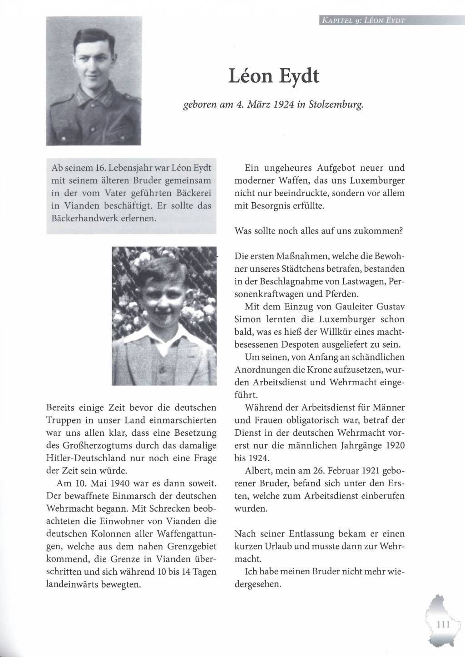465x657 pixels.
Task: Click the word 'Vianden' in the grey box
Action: tap(74, 205)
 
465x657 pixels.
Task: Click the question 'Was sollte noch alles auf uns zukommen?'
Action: tap(319, 231)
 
